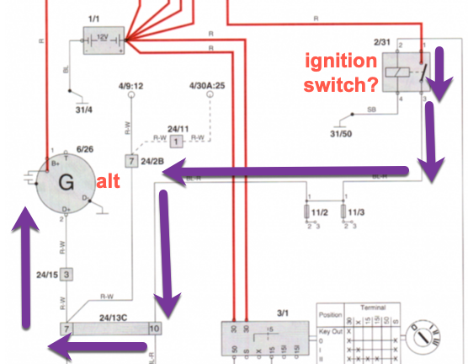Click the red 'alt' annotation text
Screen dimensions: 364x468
[x=107, y=180]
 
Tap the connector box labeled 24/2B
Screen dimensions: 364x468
[x=130, y=160]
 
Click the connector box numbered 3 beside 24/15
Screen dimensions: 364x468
[x=66, y=274]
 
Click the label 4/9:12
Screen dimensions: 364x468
[x=130, y=84]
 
